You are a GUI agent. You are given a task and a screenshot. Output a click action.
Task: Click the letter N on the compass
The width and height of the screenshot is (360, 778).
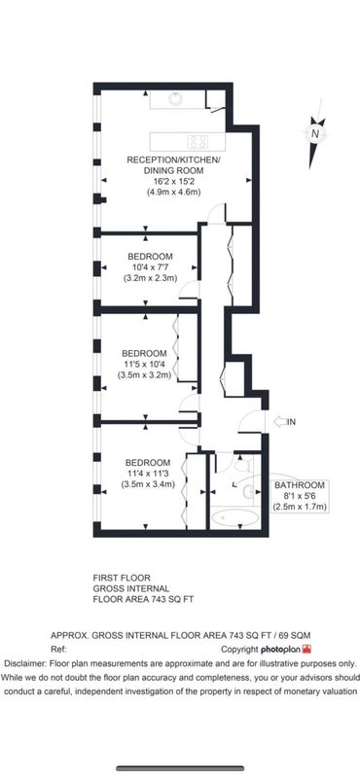[x=314, y=133]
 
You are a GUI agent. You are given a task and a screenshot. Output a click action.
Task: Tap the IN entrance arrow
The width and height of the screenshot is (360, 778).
[x=280, y=422]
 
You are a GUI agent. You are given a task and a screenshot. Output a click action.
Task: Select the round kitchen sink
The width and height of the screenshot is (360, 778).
[x=175, y=98]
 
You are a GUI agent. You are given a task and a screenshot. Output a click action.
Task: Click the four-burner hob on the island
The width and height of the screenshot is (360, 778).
[x=198, y=141]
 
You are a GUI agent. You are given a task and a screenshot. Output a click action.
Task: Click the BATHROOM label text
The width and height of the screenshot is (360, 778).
[x=300, y=485]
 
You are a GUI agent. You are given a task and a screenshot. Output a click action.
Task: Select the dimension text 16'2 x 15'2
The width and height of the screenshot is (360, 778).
[x=173, y=181]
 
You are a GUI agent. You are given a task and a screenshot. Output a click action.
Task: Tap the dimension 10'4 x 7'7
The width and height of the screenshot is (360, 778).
[x=150, y=268]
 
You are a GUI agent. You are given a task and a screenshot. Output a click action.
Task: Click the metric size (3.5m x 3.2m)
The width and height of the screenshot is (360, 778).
[x=144, y=375]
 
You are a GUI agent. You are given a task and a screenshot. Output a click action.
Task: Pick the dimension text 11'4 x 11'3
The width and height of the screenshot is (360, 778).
[x=149, y=474]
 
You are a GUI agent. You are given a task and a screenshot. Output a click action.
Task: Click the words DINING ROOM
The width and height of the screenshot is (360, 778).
[x=173, y=170]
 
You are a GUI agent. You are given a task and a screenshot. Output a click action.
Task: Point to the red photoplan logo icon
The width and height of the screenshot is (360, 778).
[x=306, y=649]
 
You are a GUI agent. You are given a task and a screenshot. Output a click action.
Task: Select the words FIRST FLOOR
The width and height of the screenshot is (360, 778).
[x=122, y=578]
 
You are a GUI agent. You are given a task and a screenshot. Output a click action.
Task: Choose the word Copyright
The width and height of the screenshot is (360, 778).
[x=239, y=649]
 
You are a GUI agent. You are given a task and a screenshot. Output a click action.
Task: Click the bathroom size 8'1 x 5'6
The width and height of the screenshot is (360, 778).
[x=300, y=496]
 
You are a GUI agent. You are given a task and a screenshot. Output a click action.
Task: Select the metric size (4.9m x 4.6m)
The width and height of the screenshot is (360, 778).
[x=173, y=192]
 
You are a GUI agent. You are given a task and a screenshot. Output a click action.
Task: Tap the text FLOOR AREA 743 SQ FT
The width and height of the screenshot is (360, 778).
[x=143, y=599]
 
